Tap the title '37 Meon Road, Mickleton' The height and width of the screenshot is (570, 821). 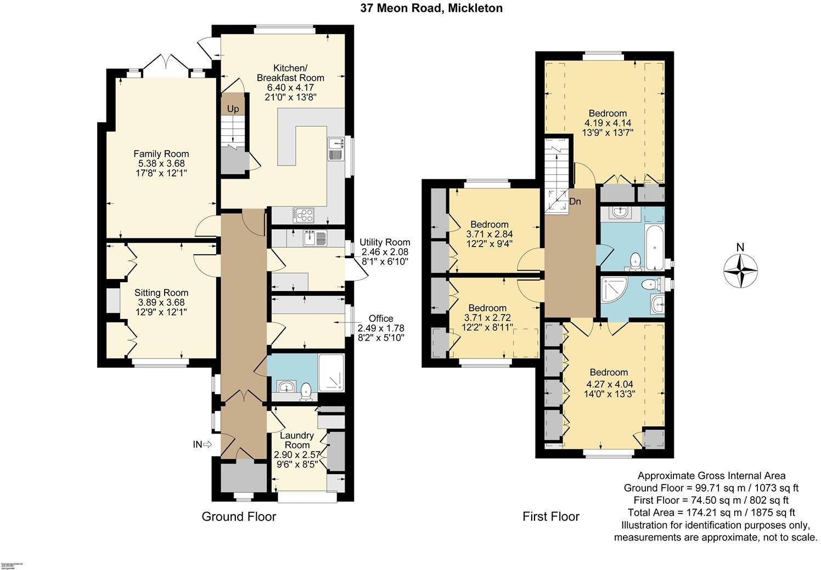coord(431,8)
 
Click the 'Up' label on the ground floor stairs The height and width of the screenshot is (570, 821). coord(233,109)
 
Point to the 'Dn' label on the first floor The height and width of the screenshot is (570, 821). coord(575,202)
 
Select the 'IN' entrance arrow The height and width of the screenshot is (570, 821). coord(202,444)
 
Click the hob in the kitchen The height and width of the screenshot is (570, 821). coord(303,215)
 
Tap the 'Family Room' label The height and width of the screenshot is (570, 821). coord(161,154)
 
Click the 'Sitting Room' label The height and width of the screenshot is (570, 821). coord(161,293)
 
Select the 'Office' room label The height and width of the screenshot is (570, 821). coord(381,318)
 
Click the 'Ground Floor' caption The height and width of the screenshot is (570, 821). coord(239,516)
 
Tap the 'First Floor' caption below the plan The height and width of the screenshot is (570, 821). coord(551,516)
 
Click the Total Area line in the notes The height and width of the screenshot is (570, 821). coord(711,512)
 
